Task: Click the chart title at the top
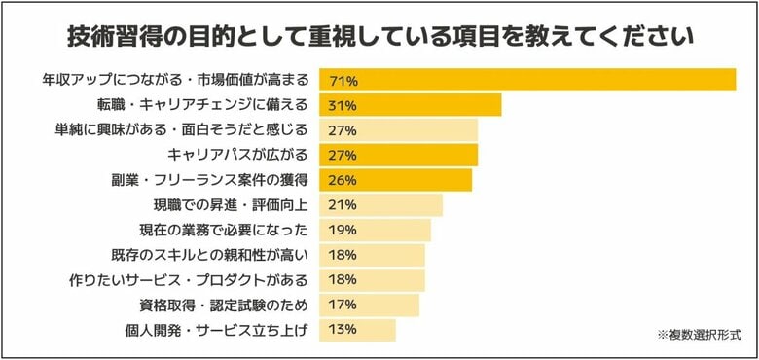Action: tap(379, 38)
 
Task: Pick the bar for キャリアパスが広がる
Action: tap(399, 156)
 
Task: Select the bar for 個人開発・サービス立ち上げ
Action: tap(358, 330)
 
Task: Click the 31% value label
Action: tap(343, 105)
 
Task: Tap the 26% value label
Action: tap(343, 180)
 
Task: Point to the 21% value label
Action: tap(343, 205)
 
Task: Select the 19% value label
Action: tap(343, 231)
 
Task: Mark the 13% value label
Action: tap(343, 330)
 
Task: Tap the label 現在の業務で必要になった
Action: tap(224, 231)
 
